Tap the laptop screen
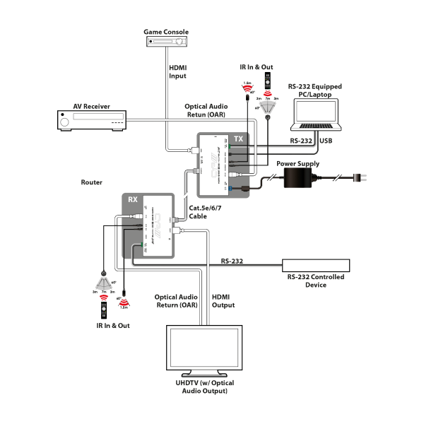coord(316,113)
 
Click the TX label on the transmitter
coord(238,139)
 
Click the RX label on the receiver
coord(133,199)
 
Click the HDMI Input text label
coord(177,72)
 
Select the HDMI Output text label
coord(223,301)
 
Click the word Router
coord(92,182)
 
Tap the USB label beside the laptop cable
coord(326,141)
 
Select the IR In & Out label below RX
coord(113,326)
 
